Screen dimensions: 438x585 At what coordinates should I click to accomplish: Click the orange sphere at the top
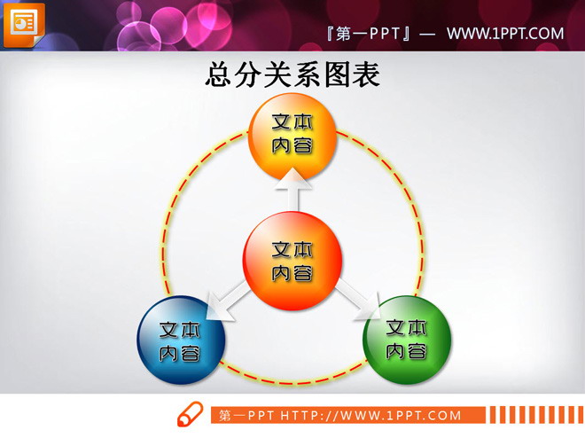tap(292, 135)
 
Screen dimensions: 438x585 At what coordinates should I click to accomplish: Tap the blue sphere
tap(181, 340)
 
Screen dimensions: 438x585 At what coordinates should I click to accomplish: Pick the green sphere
tap(408, 340)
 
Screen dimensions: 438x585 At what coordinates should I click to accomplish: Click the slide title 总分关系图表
tap(292, 74)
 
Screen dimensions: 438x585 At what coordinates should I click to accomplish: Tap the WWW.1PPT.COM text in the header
tap(504, 34)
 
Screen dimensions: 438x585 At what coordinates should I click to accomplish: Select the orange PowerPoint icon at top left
tap(24, 24)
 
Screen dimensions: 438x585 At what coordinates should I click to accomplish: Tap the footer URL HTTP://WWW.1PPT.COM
tap(371, 415)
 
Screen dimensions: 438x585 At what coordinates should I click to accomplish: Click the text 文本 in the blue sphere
tap(181, 330)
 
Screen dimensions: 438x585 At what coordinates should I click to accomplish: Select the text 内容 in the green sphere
tap(408, 352)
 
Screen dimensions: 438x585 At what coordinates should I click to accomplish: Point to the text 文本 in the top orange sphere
tap(292, 123)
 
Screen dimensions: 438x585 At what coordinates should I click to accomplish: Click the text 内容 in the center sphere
tap(292, 273)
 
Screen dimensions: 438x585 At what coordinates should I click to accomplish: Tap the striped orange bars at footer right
tap(533, 415)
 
